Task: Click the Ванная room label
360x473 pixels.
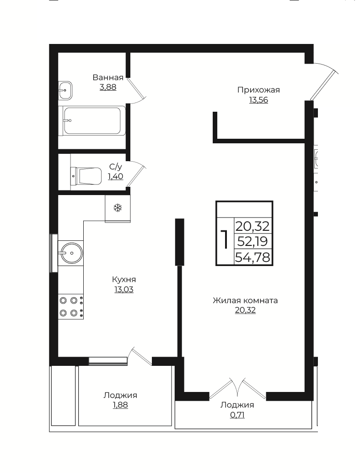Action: coord(108,77)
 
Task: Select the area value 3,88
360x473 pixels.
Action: coord(108,87)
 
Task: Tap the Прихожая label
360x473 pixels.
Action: coord(258,90)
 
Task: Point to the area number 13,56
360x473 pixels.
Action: coord(258,100)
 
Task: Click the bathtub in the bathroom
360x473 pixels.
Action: coord(94,121)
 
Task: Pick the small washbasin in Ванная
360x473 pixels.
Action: coord(65,90)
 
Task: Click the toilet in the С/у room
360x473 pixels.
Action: coord(86,176)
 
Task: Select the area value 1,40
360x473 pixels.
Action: coord(116,176)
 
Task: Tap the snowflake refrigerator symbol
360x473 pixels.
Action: coord(118,207)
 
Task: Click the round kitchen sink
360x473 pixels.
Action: coord(72,253)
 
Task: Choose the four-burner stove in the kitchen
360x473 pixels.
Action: coord(70,306)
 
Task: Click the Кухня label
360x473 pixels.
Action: coord(124,280)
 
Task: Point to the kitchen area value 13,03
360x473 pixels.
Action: coord(124,289)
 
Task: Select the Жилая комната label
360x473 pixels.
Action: coord(245,300)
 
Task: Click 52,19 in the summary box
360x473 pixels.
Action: coord(253,241)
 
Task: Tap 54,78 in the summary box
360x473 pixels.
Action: coord(253,257)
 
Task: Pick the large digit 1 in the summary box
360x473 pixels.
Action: coord(225,239)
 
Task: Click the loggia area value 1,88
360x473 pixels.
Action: coord(120,405)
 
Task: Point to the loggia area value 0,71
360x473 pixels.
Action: coord(237,415)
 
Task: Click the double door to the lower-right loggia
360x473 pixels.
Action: coord(237,388)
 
